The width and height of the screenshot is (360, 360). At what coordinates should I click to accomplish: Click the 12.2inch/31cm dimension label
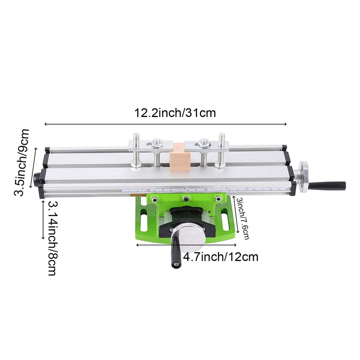pos(175,113)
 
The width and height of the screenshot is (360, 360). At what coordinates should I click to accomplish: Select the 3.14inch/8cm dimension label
pos(52,238)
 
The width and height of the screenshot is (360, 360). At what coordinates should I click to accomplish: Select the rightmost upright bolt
pos(221,150)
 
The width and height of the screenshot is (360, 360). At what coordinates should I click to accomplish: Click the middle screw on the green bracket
pos(186,198)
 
